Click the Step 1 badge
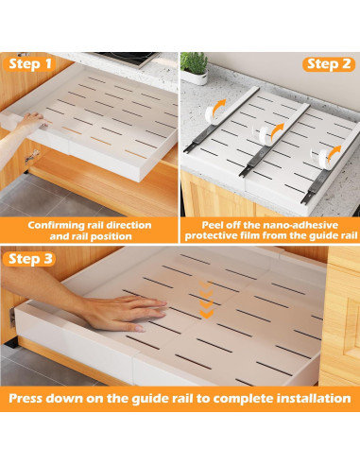[x=29, y=64]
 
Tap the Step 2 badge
[x=329, y=64]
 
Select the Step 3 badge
[x=29, y=259]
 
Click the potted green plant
[x=194, y=68]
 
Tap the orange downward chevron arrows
[x=206, y=300]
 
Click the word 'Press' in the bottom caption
[x=26, y=398]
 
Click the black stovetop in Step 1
[x=126, y=59]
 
